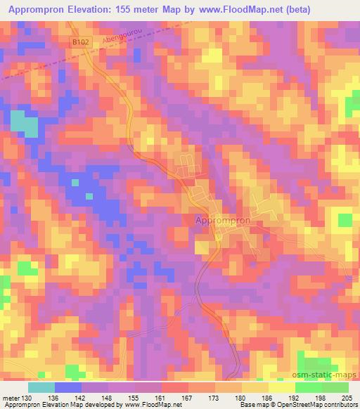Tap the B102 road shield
tap(79, 43)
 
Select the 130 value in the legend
tap(27, 397)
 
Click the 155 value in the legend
tap(134, 397)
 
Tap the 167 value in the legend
tap(189, 397)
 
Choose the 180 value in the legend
tap(242, 397)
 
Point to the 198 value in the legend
tap(321, 397)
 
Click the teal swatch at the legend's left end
tap(41, 387)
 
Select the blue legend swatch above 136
tap(68, 387)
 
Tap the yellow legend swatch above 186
tap(255, 387)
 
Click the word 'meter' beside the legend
tap(11, 397)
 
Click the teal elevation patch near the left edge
tap(24, 123)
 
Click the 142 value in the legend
tap(82, 397)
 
